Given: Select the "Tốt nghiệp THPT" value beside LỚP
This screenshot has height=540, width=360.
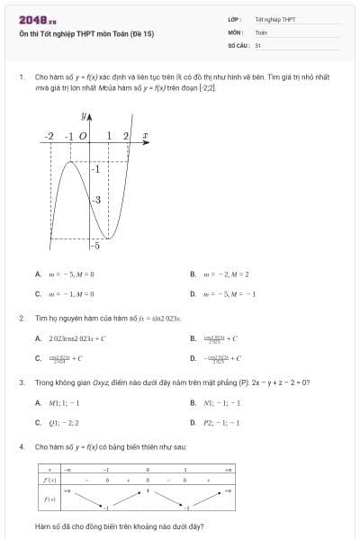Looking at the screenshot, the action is click(275, 18).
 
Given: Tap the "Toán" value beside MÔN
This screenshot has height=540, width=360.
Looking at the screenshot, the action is click(261, 31).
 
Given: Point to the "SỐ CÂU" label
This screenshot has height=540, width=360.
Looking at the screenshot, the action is click(238, 44).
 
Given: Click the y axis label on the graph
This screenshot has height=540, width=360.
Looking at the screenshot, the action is click(86, 117).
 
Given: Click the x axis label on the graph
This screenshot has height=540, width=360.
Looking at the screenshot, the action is click(146, 136).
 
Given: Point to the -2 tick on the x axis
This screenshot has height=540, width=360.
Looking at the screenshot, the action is click(49, 136).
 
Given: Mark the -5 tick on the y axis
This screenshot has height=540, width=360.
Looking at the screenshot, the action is click(95, 245).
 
